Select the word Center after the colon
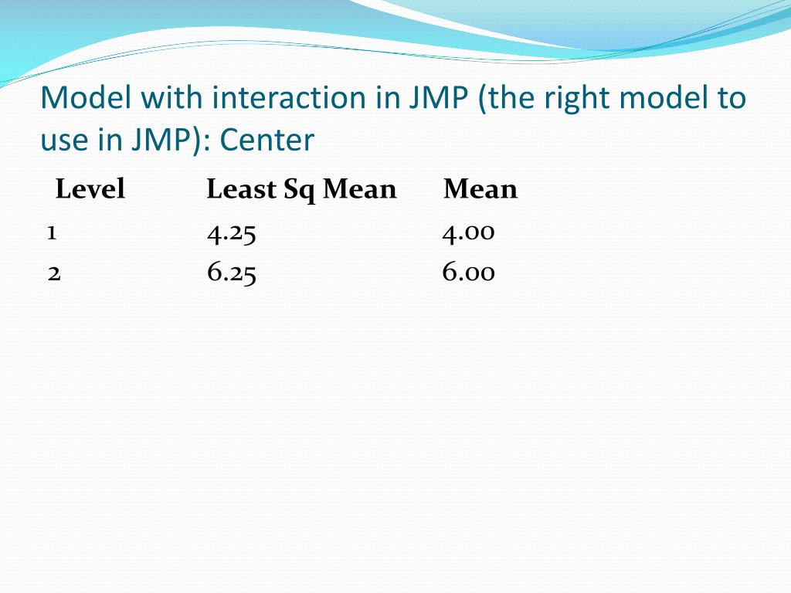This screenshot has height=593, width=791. click(267, 140)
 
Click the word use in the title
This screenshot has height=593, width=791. click(61, 140)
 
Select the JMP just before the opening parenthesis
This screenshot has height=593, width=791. click(440, 98)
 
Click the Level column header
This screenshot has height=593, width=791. click(90, 189)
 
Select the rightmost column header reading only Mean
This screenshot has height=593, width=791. click(480, 189)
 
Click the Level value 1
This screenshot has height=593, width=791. click(51, 233)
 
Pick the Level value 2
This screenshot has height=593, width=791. click(53, 273)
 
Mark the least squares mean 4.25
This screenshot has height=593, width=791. click(231, 233)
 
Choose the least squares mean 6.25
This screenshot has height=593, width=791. click(231, 273)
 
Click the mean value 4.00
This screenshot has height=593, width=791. click(468, 232)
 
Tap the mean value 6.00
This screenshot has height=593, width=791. click(468, 273)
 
